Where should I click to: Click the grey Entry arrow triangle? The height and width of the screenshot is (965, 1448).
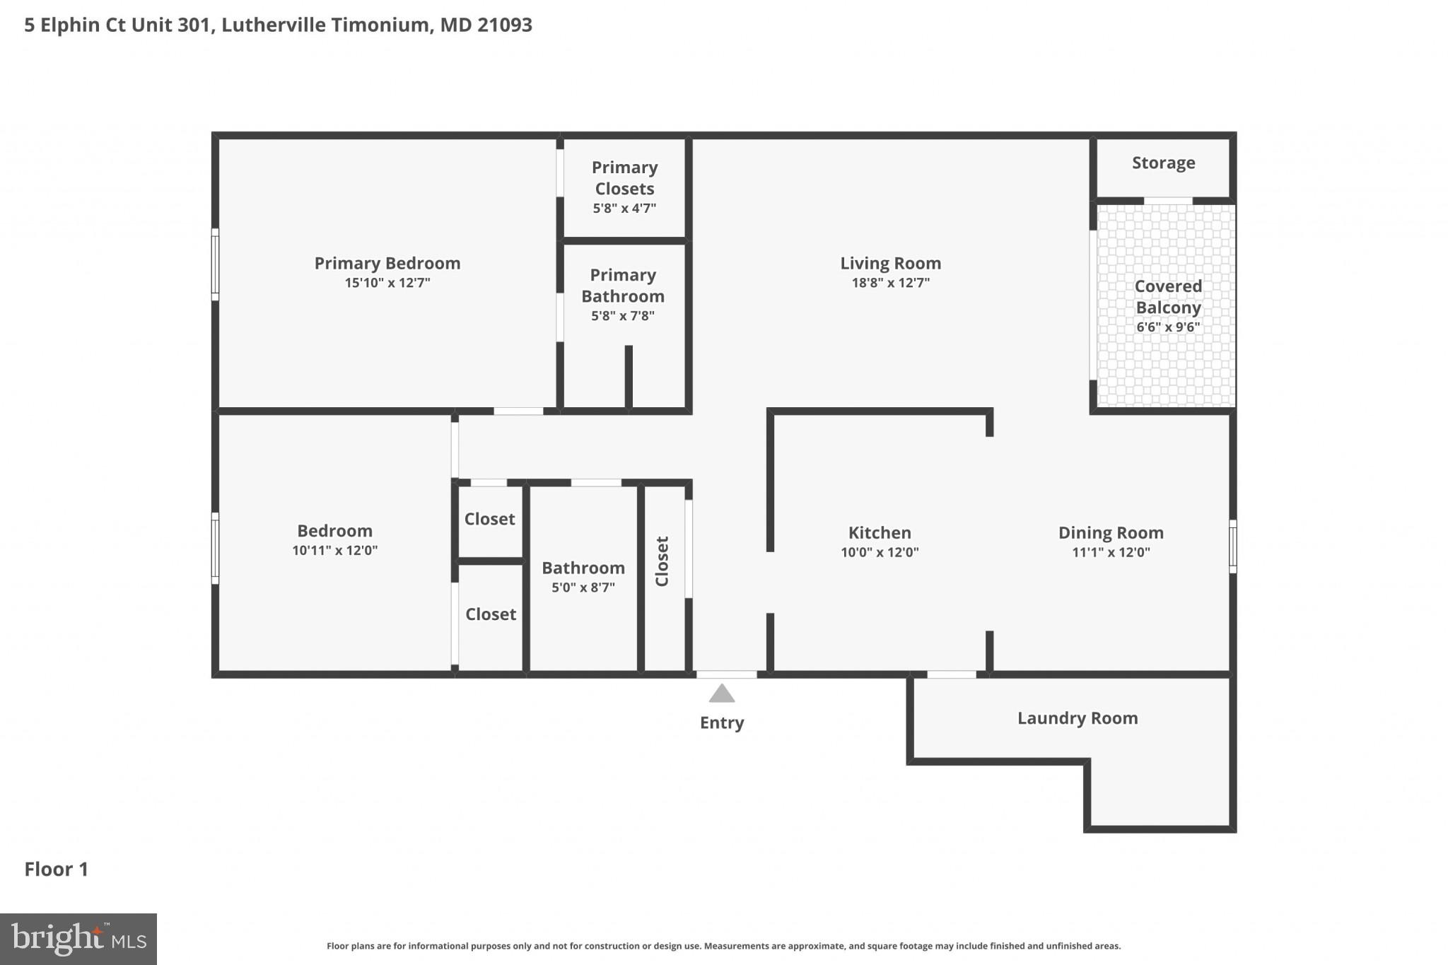[x=721, y=694]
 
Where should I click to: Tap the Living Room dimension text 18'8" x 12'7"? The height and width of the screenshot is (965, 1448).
[x=890, y=283]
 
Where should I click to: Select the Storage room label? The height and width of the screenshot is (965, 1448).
[x=1163, y=163]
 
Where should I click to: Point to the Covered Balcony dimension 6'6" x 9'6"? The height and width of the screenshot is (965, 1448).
[x=1168, y=327]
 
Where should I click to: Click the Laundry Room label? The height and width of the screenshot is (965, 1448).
[x=1077, y=718]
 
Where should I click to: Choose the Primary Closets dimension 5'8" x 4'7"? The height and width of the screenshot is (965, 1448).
[x=624, y=209]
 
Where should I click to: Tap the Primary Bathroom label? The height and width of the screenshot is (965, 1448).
[x=623, y=286]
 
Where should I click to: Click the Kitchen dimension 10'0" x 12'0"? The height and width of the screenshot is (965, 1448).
[x=880, y=552]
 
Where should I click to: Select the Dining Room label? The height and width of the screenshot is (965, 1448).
[x=1110, y=532]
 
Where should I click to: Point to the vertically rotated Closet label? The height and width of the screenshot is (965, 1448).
[x=662, y=561]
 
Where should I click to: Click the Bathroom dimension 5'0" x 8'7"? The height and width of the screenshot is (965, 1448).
[x=583, y=587]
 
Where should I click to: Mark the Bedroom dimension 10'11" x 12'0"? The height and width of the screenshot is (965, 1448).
[x=334, y=551]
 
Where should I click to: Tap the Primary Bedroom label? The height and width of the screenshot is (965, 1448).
[x=387, y=263]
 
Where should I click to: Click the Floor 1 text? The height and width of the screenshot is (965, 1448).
[x=56, y=869]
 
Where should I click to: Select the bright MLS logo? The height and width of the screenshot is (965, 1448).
[x=78, y=939]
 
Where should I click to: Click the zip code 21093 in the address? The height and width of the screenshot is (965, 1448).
[x=504, y=25]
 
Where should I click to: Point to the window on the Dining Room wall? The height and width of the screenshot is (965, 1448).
[x=1232, y=546]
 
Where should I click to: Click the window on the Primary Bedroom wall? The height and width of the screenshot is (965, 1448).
[x=215, y=264]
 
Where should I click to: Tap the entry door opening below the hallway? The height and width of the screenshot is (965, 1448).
[x=726, y=674]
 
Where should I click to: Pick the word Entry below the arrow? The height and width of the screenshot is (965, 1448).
[x=721, y=723]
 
